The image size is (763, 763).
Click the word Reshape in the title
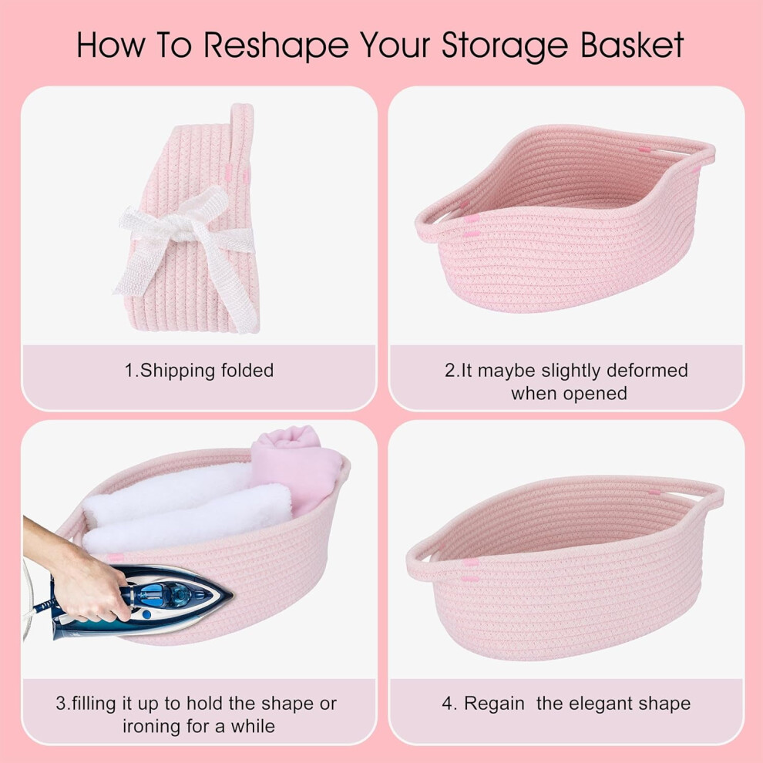click(x=276, y=45)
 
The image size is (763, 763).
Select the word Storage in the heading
click(x=505, y=46)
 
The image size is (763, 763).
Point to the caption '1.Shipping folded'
click(x=199, y=370)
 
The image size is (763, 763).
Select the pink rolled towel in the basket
click(x=297, y=465)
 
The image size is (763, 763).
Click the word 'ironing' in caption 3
click(x=150, y=727)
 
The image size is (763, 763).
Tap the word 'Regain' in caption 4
click(x=494, y=704)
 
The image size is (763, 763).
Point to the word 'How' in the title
click(x=110, y=45)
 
